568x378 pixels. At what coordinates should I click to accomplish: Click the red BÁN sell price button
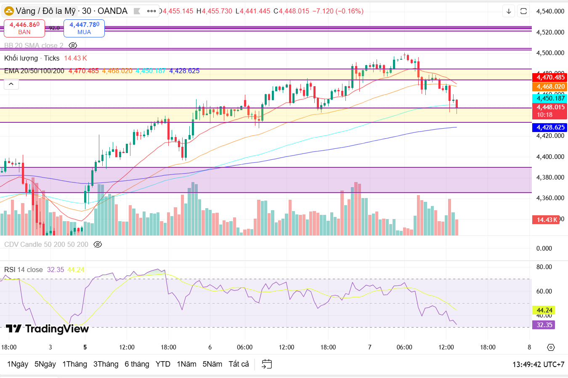tap(24, 28)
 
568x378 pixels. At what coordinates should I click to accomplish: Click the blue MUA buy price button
tap(84, 28)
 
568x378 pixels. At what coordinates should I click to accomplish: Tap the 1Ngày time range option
tap(18, 364)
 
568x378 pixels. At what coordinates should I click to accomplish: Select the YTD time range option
tap(163, 364)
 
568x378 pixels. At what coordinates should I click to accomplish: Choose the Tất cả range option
tap(239, 364)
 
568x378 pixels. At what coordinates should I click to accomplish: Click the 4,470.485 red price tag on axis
tap(550, 77)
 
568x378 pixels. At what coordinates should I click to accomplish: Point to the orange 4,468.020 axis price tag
tap(550, 87)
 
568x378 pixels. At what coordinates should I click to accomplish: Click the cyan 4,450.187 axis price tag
tap(550, 98)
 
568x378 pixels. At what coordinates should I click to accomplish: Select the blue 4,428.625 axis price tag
tap(550, 127)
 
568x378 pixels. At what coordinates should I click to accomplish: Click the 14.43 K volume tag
tap(547, 220)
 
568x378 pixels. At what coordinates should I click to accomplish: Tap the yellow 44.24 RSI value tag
tap(544, 310)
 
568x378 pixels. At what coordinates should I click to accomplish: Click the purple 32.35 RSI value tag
tap(544, 325)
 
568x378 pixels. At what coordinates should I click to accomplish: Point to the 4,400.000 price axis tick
tap(550, 157)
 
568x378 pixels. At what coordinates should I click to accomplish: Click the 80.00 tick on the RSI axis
tap(544, 267)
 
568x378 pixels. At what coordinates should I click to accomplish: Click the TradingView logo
tap(47, 329)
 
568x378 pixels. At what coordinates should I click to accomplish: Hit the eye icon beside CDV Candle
tap(98, 245)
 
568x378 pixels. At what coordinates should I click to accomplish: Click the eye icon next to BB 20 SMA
tap(73, 45)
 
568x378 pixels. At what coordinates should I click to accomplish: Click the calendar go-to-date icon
tap(267, 364)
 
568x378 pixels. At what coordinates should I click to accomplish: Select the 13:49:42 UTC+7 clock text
tap(538, 365)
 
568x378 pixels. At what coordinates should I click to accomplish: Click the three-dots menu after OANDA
tap(151, 11)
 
